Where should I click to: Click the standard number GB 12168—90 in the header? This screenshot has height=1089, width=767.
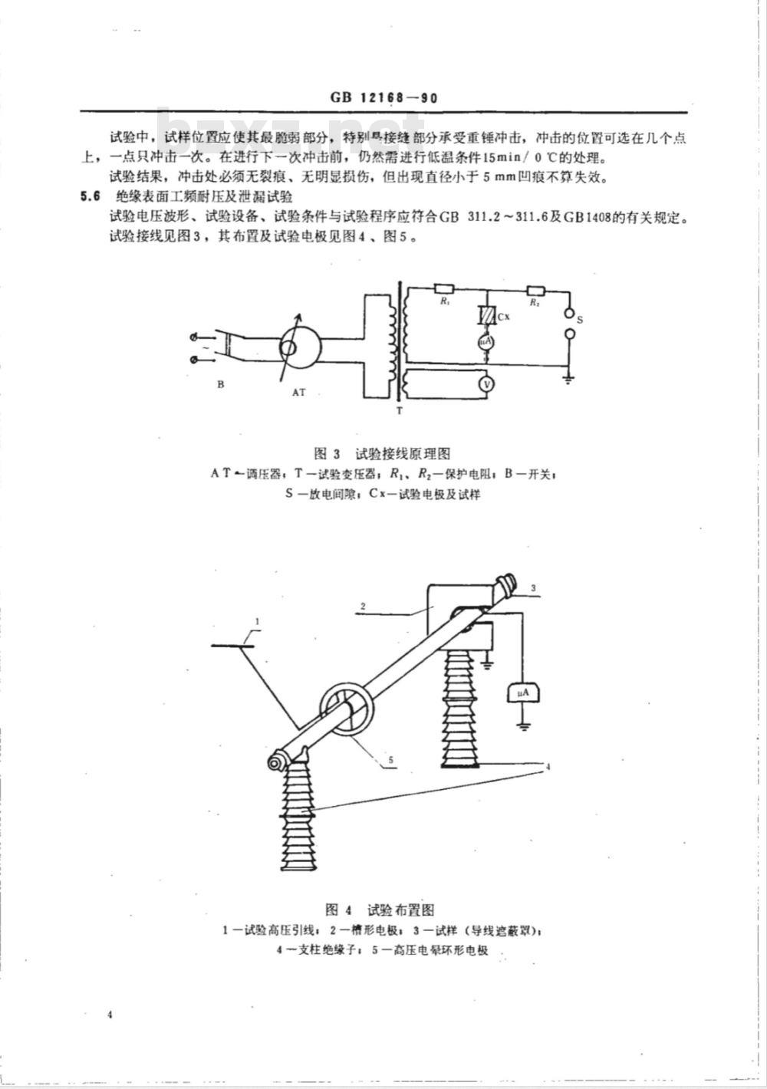click(x=383, y=98)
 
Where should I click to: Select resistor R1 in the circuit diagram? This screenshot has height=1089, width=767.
click(x=444, y=290)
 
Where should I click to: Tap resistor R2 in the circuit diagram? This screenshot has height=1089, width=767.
click(x=535, y=290)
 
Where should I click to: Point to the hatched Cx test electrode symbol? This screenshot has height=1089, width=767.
click(x=485, y=316)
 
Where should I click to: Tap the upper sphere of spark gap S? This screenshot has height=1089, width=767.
click(x=569, y=314)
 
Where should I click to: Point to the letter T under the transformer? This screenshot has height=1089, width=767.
click(x=398, y=412)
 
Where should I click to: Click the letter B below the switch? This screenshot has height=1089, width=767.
click(x=221, y=385)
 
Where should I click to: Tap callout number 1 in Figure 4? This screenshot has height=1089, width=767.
click(x=258, y=620)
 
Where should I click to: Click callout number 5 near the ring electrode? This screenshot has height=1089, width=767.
click(x=390, y=760)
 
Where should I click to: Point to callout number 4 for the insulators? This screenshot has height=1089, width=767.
click(x=549, y=766)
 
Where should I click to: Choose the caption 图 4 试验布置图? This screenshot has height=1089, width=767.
click(x=380, y=910)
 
